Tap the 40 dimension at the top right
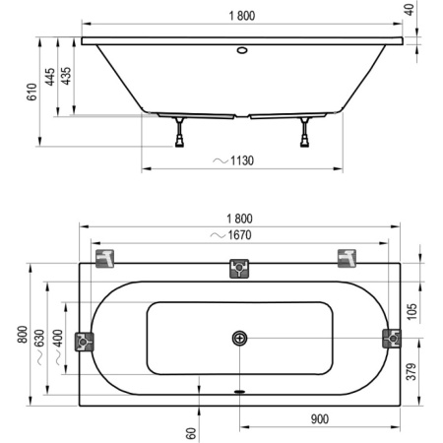(x=435, y=16)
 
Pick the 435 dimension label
(x=66, y=77)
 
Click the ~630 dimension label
(x=39, y=342)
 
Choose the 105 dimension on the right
(x=411, y=311)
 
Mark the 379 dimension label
(x=411, y=372)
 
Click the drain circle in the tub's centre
(x=239, y=339)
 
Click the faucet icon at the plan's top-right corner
(x=348, y=257)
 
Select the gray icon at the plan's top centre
(x=238, y=267)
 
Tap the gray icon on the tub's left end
(x=86, y=339)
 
